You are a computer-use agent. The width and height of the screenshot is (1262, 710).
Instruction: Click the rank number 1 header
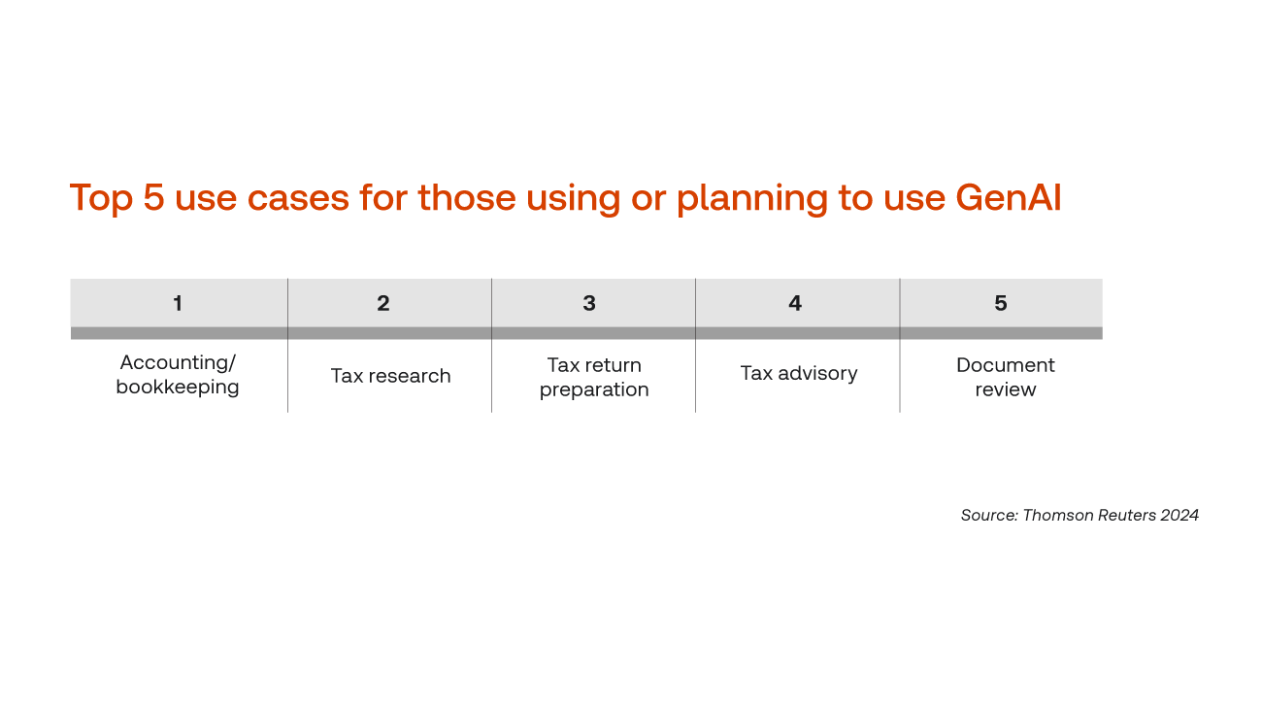(x=178, y=303)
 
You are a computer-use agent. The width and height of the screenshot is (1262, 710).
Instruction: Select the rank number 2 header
(x=383, y=303)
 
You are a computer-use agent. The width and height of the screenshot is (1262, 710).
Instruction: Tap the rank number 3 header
(x=589, y=303)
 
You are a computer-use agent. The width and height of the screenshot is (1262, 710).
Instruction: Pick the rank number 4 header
(x=795, y=303)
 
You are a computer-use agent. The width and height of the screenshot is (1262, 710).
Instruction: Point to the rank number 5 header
(x=1001, y=303)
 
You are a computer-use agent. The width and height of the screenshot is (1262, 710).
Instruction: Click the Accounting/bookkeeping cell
(x=178, y=375)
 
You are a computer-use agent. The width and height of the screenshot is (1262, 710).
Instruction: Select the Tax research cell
(x=390, y=375)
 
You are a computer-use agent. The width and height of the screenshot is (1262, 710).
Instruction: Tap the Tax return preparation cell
(x=594, y=377)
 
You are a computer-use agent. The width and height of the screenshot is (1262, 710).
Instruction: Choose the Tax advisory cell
(x=799, y=374)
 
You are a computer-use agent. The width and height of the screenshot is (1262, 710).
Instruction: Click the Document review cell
(x=1006, y=377)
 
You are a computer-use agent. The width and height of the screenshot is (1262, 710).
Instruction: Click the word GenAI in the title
(x=1009, y=198)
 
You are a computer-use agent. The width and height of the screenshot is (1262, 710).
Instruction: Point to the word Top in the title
(x=101, y=199)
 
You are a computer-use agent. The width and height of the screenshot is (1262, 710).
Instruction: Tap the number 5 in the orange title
(x=153, y=198)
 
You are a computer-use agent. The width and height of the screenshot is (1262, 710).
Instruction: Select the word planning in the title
(x=752, y=200)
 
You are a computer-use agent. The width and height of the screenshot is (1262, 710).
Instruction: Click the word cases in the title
(x=298, y=198)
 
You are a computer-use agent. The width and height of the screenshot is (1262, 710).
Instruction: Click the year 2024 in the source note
(x=1179, y=515)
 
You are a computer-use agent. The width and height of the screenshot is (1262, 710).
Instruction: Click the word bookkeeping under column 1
(x=178, y=388)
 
